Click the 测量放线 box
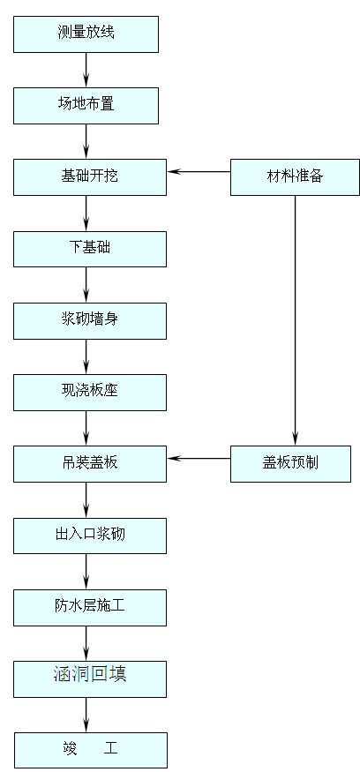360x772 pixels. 86,34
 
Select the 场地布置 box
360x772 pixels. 86,105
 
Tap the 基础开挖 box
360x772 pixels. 89,176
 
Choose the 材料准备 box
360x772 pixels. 295,176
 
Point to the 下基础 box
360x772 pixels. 89,248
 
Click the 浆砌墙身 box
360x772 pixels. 89,320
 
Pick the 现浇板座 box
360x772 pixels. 89,392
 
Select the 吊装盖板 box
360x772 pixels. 89,463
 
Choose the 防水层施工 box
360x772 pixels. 89,607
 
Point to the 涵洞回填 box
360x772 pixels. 89,678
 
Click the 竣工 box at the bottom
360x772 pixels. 89,749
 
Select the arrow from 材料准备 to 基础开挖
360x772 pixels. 199,171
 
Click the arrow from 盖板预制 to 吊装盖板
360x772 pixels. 199,458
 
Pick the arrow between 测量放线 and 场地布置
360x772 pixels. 86,70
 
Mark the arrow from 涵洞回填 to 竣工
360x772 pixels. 86,714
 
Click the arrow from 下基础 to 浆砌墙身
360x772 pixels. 86,284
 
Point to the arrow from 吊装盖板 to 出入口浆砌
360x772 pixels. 86,499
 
